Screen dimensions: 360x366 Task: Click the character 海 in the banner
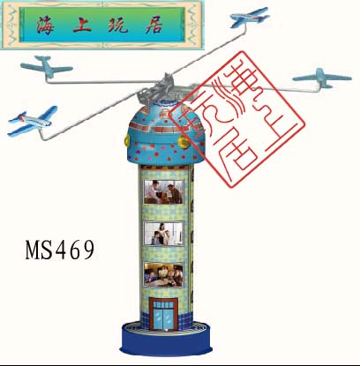pyautogui.click(x=45, y=25)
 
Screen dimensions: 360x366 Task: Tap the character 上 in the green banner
pyautogui.click(x=82, y=25)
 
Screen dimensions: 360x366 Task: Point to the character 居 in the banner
pyautogui.click(x=154, y=25)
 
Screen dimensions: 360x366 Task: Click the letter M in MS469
pyautogui.click(x=33, y=250)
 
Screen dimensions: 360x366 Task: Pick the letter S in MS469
pyautogui.click(x=47, y=250)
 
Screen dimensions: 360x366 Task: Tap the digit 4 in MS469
pyautogui.click(x=60, y=250)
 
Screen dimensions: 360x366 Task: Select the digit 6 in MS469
pyautogui.click(x=75, y=250)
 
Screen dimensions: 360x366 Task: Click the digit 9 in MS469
pyautogui.click(x=88, y=250)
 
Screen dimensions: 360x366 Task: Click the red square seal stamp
pyautogui.click(x=237, y=120)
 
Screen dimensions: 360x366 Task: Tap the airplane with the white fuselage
pyautogui.click(x=32, y=121)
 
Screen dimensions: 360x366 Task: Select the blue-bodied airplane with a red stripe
pyautogui.click(x=250, y=18)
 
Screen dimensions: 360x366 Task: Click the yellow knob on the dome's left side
pyautogui.click(x=127, y=140)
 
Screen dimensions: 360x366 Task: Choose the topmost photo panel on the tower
pyautogui.click(x=163, y=192)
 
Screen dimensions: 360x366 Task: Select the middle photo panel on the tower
pyautogui.click(x=163, y=234)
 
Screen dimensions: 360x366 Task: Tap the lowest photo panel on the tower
pyautogui.click(x=163, y=274)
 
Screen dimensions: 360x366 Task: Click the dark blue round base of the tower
pyautogui.click(x=166, y=342)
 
